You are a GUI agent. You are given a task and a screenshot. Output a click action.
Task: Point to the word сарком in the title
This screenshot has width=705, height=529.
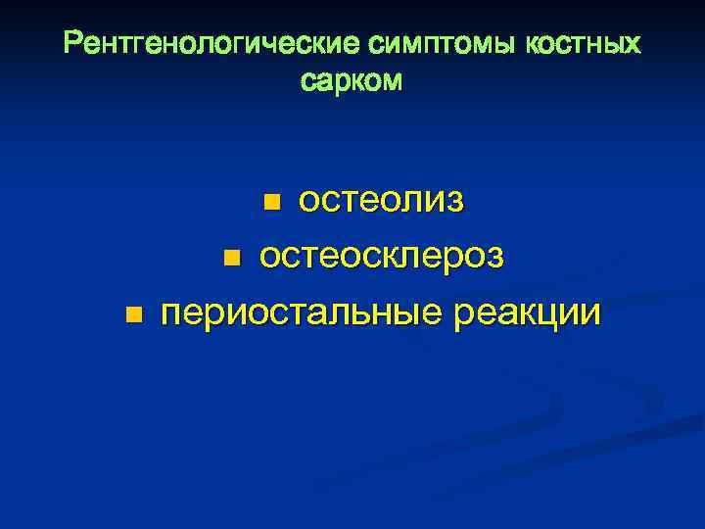[352, 81]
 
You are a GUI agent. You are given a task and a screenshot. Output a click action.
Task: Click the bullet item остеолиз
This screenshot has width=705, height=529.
[381, 201]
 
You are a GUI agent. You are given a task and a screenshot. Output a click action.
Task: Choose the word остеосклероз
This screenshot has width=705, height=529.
[382, 257]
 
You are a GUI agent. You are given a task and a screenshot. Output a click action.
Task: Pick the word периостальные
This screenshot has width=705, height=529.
[299, 314]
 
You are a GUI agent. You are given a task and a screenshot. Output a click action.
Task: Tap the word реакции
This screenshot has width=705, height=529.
[525, 314]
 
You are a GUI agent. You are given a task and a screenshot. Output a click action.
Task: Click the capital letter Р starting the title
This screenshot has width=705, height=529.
[72, 45]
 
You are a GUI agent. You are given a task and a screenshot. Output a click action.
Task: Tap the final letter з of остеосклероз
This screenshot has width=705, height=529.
[495, 258]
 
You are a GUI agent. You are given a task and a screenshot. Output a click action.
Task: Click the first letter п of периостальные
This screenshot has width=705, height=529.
[173, 315]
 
